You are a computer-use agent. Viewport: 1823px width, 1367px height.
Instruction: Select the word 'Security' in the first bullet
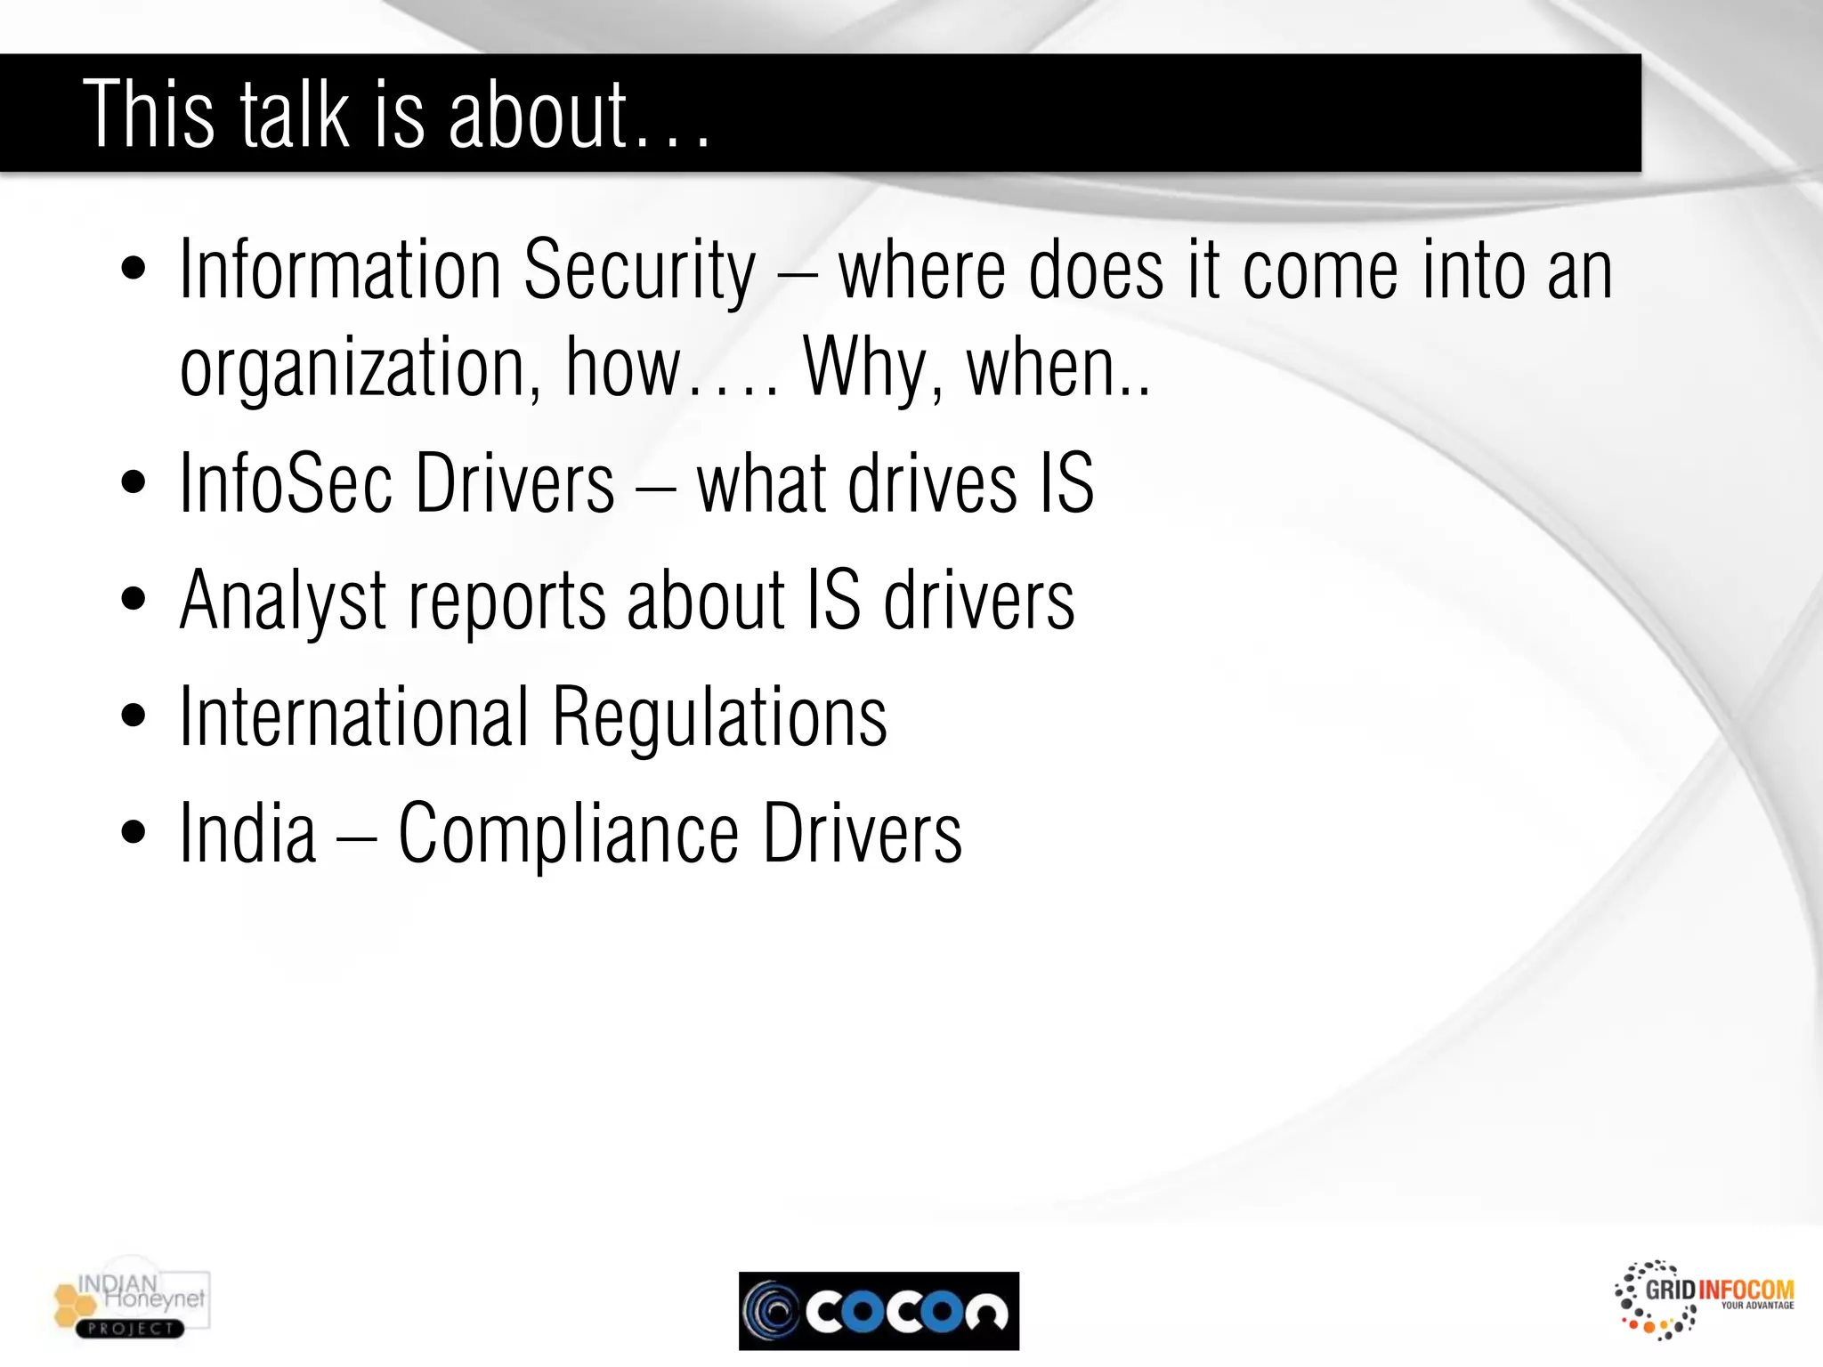point(639,271)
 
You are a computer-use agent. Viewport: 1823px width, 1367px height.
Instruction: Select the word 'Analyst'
point(283,602)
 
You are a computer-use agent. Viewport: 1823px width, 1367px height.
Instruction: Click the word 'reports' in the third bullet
point(507,602)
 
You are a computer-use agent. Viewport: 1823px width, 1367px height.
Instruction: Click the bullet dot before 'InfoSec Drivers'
point(134,483)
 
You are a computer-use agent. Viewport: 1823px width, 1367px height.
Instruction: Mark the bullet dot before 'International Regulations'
point(134,716)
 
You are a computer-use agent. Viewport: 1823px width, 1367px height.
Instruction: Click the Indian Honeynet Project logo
point(131,1305)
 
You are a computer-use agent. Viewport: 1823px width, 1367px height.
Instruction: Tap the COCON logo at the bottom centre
point(879,1311)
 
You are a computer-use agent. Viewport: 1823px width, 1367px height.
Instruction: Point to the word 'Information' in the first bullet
point(340,271)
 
